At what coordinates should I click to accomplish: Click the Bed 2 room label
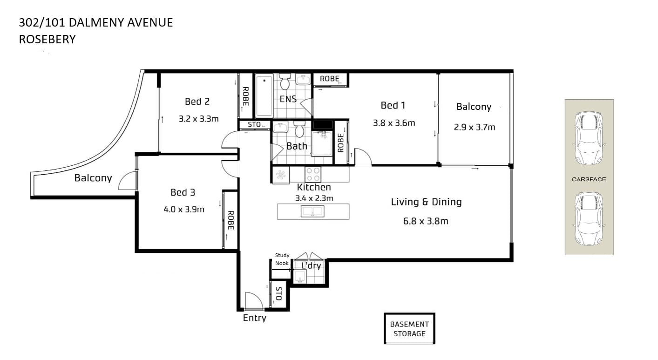(x=197, y=102)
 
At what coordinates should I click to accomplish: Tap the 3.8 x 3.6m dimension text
(x=394, y=123)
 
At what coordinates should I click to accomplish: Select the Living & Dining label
(x=426, y=202)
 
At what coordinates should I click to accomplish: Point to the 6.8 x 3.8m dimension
(x=426, y=221)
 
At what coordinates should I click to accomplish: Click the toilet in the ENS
(x=285, y=82)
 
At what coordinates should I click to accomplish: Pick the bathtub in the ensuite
(x=264, y=95)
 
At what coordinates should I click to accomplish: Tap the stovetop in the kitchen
(x=312, y=174)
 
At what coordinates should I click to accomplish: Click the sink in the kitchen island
(x=312, y=211)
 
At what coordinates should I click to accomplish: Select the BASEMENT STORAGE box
(x=409, y=328)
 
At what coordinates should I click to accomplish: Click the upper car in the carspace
(x=589, y=138)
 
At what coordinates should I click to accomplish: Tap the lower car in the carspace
(x=589, y=219)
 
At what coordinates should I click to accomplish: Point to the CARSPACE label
(x=589, y=179)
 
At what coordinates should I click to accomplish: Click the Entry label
(x=254, y=318)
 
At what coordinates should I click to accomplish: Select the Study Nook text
(x=282, y=259)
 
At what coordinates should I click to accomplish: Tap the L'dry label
(x=311, y=265)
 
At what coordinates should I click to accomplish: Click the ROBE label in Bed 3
(x=231, y=220)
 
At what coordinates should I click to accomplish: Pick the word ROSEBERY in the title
(x=47, y=40)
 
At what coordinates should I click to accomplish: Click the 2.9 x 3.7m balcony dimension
(x=475, y=127)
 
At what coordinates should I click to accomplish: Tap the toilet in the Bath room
(x=299, y=129)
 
